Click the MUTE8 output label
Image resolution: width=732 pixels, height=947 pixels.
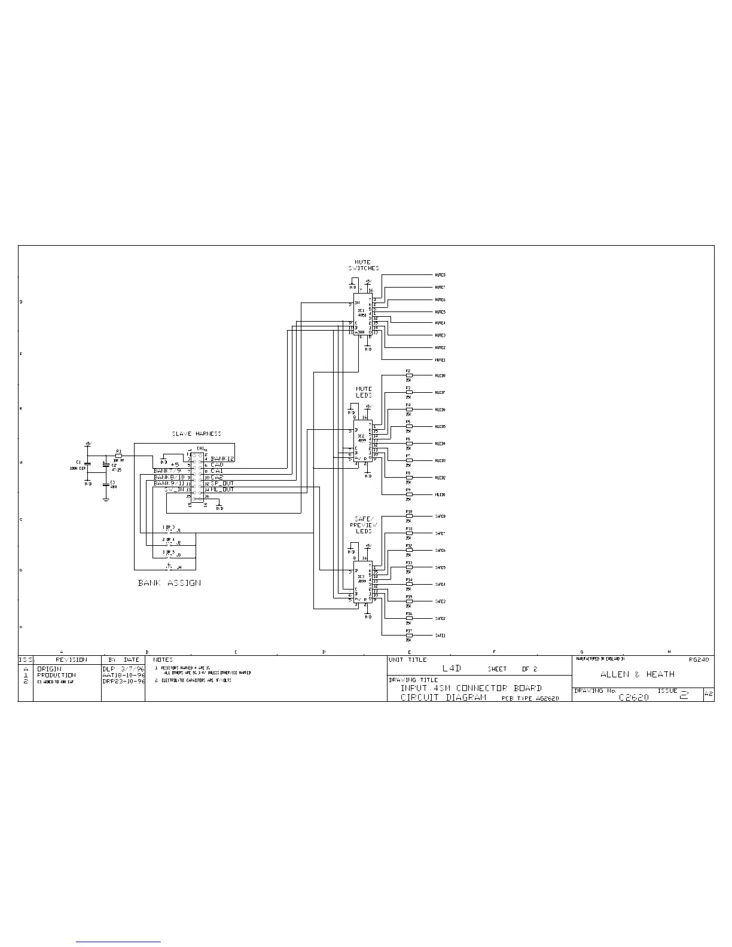440,275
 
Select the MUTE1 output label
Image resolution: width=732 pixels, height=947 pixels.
440,360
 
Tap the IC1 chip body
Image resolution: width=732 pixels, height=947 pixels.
361,314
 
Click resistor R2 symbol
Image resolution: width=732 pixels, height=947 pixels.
409,375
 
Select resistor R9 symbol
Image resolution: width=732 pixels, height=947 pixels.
409,494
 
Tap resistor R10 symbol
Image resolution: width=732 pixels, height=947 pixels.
409,516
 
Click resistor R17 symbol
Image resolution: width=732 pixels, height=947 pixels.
409,636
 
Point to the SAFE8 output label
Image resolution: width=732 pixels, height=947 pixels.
440,516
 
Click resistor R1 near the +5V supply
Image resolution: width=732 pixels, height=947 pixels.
118,456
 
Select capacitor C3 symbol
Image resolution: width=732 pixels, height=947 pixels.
106,486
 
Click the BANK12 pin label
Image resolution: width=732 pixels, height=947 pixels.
222,459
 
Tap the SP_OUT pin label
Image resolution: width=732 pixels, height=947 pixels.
222,483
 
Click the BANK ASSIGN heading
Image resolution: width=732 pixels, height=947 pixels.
169,582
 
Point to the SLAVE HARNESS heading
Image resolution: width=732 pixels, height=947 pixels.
196,433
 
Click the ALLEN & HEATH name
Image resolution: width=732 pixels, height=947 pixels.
638,674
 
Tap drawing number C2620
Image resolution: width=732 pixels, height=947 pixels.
634,697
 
